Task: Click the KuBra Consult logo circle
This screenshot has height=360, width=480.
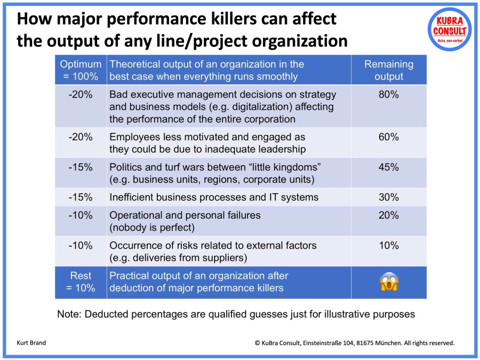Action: [450, 29]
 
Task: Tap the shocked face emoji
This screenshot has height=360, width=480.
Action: [389, 282]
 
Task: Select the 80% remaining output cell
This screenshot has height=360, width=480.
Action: [389, 95]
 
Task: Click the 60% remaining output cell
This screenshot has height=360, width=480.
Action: [389, 137]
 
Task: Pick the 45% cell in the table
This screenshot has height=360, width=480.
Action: [389, 167]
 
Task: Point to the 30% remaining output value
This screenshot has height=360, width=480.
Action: [389, 197]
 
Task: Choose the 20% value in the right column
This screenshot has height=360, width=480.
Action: [389, 215]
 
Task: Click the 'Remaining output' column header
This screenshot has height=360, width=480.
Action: [389, 70]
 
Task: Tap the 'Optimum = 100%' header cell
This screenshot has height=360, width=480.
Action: [81, 70]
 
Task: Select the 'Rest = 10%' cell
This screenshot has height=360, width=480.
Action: [81, 282]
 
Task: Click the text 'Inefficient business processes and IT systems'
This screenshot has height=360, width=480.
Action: [214, 197]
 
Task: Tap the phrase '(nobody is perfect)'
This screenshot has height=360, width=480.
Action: [151, 228]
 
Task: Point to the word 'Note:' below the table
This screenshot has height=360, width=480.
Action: [70, 314]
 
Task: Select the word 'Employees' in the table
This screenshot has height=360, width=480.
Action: [133, 137]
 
